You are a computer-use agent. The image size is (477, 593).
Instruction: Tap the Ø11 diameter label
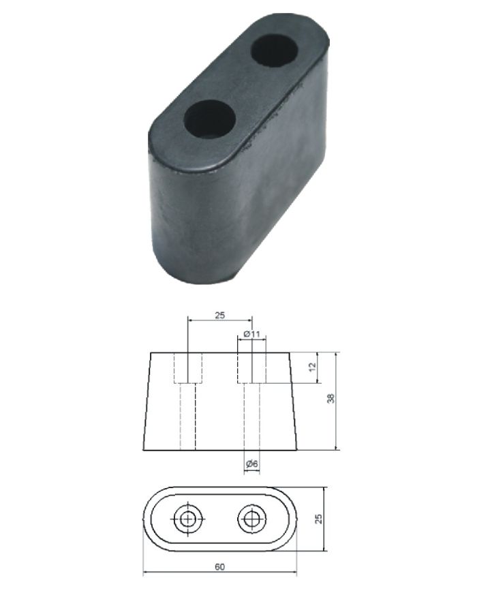(x=252, y=335)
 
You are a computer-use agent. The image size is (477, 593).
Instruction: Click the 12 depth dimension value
(x=312, y=367)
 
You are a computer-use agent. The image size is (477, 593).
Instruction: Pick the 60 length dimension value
(x=219, y=565)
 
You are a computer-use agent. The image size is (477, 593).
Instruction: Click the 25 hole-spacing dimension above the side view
(x=220, y=316)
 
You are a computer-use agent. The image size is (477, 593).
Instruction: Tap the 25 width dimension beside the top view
(x=318, y=518)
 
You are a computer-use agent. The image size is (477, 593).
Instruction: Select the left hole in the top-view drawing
(x=187, y=519)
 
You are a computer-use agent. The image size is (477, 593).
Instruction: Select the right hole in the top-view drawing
(x=251, y=519)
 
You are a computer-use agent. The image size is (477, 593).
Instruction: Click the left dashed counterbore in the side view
(x=187, y=368)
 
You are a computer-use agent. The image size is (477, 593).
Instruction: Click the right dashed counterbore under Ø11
(x=252, y=368)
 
